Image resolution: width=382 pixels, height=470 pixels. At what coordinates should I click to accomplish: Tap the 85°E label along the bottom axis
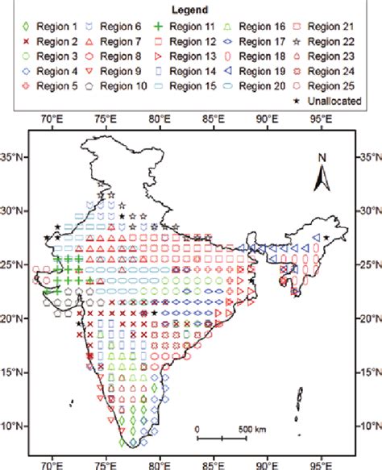click(214, 463)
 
